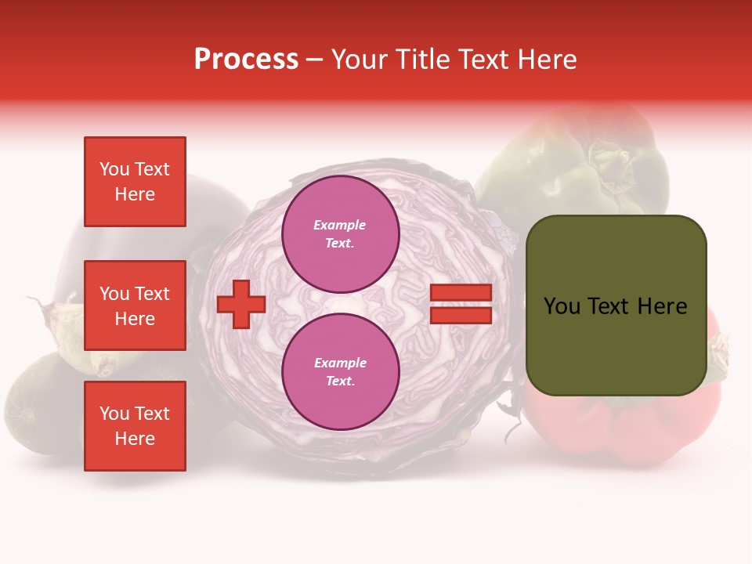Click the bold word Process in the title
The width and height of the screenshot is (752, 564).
click(x=246, y=60)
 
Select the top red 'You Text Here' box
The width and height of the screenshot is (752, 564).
click(x=135, y=182)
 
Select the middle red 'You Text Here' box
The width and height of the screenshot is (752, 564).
click(x=135, y=305)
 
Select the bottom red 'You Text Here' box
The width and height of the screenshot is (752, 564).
click(x=135, y=426)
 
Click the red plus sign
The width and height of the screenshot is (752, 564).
click(x=241, y=305)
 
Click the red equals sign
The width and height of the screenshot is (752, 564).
click(x=461, y=305)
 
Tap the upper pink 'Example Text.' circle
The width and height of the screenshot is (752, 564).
click(x=341, y=234)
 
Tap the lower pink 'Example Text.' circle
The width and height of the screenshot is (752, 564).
click(x=341, y=372)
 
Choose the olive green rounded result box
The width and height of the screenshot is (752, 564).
click(x=616, y=305)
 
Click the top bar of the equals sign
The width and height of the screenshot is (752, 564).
click(x=461, y=293)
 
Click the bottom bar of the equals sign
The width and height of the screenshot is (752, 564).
click(x=461, y=316)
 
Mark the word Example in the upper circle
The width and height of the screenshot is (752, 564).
click(x=340, y=225)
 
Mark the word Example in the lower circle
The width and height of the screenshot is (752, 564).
click(x=340, y=363)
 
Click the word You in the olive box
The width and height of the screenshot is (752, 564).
click(x=562, y=306)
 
